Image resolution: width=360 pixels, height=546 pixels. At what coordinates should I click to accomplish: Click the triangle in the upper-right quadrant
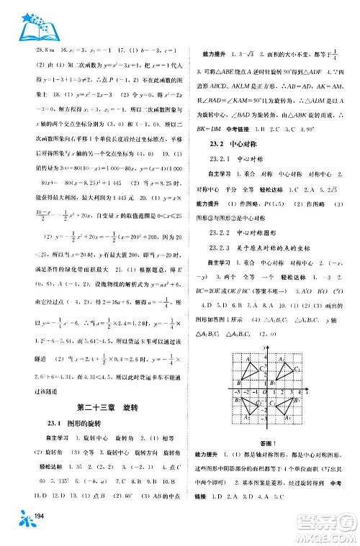coord(282,373)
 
